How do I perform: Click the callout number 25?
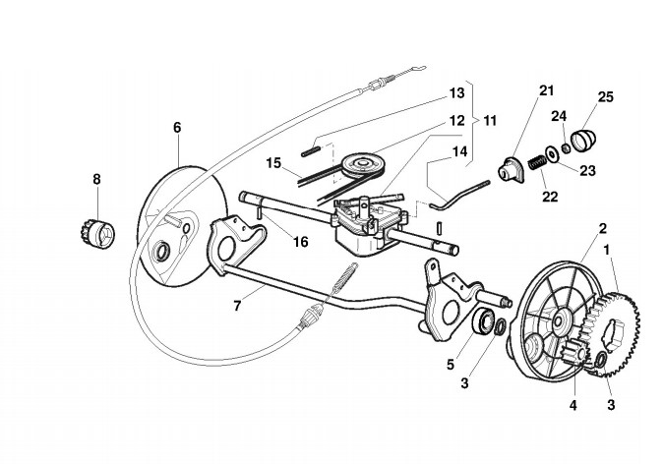pos(605,97)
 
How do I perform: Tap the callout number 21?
pos(546,91)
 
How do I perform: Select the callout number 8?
pos(96,179)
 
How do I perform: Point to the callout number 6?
pos(177,128)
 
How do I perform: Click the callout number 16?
pos(299,242)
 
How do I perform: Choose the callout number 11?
pos(489,120)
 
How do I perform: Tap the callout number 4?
pos(572,404)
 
